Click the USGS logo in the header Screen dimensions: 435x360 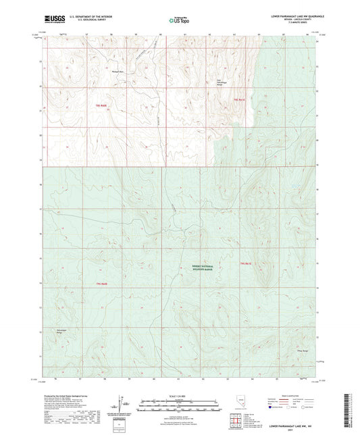[51, 19]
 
